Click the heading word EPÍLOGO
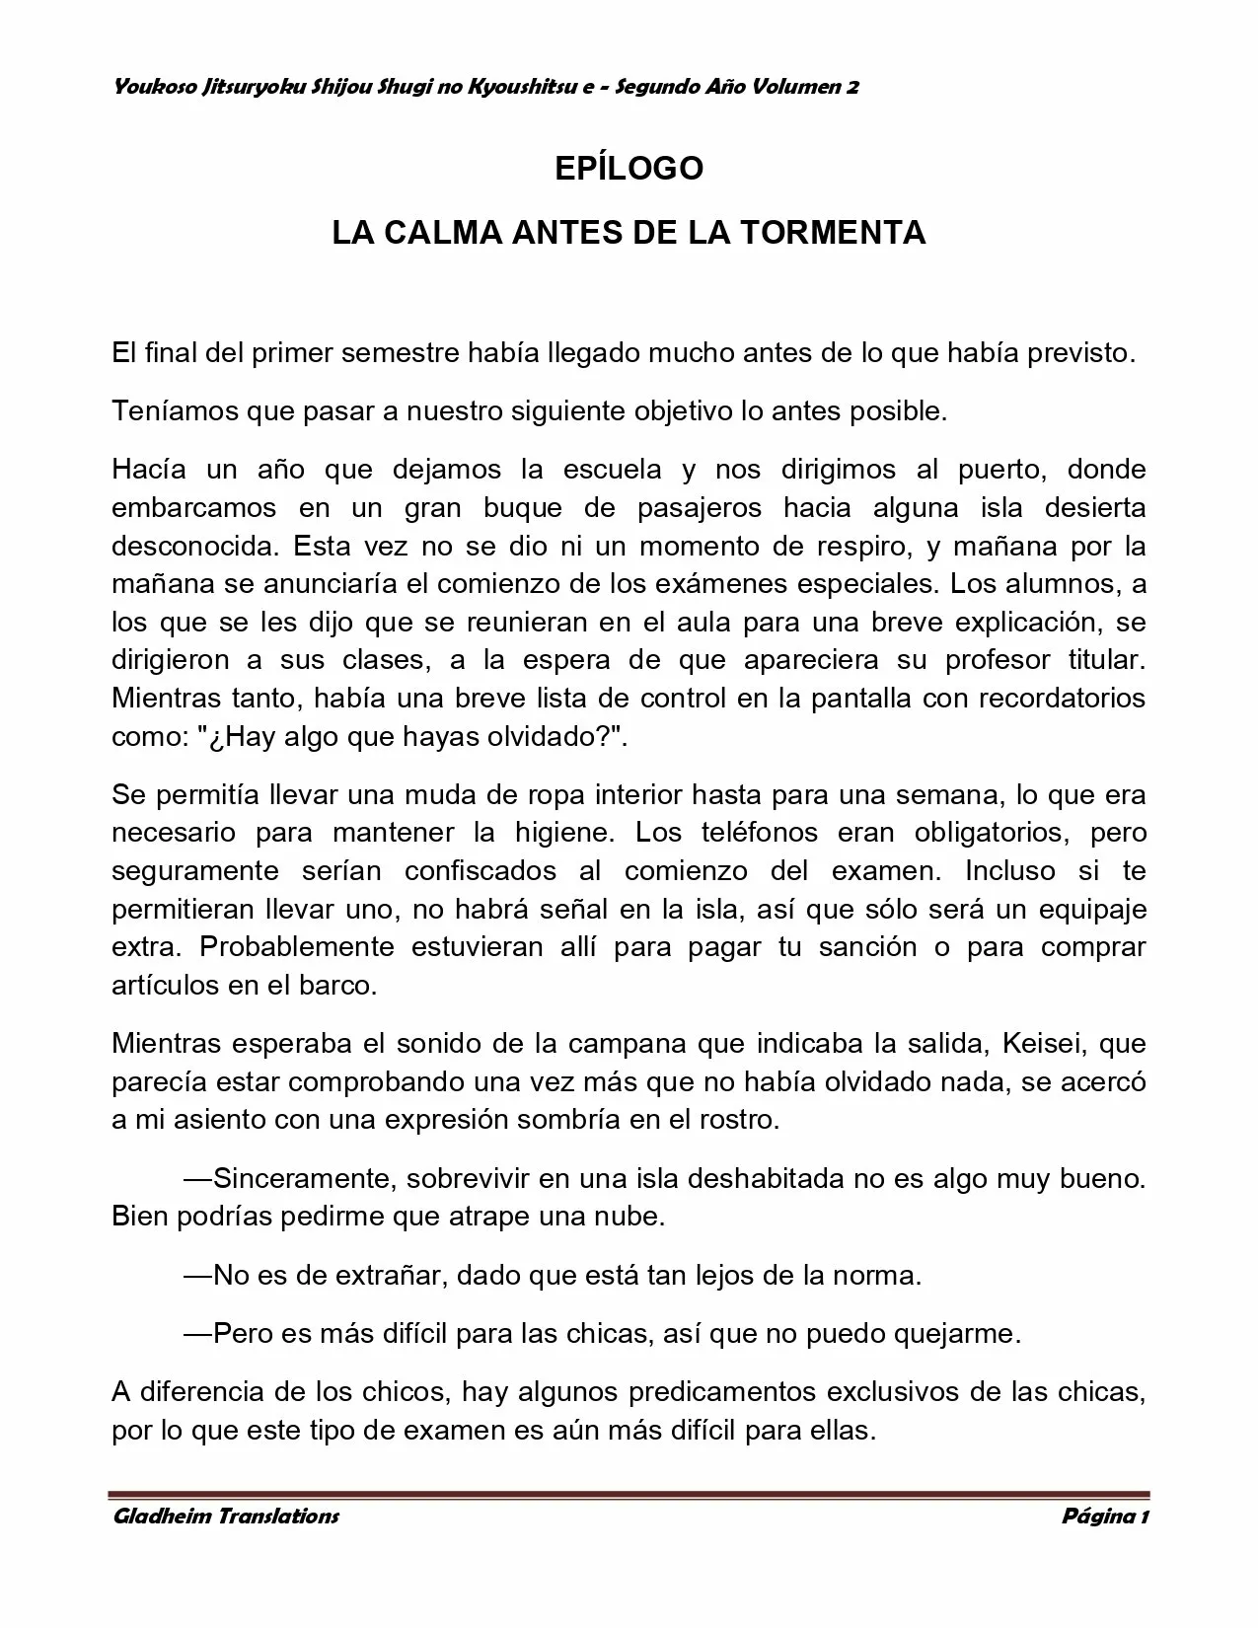[629, 169]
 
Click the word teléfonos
[759, 832]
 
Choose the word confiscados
[481, 870]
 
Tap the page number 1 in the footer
[1144, 1516]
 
